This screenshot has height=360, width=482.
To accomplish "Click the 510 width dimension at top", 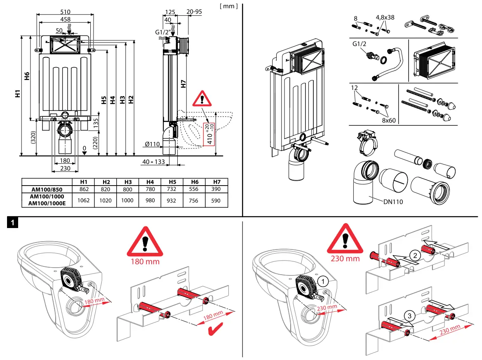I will (x=65, y=12).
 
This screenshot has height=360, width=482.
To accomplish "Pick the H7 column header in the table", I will (x=217, y=182).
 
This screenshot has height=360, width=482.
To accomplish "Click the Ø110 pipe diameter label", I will (x=153, y=144).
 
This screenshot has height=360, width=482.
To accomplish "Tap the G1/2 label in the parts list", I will (x=360, y=44).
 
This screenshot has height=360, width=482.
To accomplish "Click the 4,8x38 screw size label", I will (x=385, y=18).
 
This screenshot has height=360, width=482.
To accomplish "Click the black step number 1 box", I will (x=13, y=224).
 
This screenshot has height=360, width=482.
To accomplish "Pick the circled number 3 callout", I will (x=409, y=316).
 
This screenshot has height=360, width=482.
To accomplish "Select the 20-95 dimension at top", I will (x=194, y=12).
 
